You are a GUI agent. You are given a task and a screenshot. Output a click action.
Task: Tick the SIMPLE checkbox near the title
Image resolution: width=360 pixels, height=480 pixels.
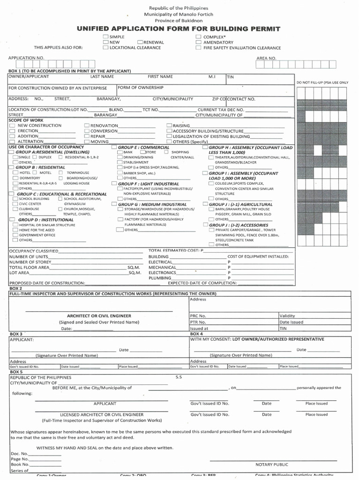pyautogui.click(x=105, y=37)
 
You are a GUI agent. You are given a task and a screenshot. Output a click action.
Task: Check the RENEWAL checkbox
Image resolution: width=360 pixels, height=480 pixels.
pyautogui.click(x=140, y=42)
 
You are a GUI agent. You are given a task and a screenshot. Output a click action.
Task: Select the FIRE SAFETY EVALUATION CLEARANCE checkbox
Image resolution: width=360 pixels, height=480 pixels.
pyautogui.click(x=199, y=48)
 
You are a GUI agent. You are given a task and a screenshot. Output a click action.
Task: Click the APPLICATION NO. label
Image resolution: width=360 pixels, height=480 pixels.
pyautogui.click(x=26, y=58)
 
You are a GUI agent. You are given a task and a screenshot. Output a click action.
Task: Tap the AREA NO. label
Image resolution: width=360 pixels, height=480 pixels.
pyautogui.click(x=266, y=58)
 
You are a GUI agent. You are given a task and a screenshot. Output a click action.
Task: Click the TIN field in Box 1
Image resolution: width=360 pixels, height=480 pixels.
pyautogui.click(x=231, y=76)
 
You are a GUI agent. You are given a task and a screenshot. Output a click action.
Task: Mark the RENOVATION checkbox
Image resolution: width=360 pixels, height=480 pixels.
pyautogui.click(x=87, y=126)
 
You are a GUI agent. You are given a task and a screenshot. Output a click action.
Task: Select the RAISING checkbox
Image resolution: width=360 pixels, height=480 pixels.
pyautogui.click(x=169, y=126)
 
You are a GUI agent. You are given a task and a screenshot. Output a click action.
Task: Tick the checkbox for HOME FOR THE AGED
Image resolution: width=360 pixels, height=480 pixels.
pyautogui.click(x=15, y=230)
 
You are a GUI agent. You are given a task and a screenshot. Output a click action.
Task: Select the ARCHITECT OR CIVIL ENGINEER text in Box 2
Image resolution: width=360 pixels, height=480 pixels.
pyautogui.click(x=99, y=316)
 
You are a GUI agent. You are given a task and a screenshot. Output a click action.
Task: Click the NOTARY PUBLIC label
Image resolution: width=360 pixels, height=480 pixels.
pyautogui.click(x=271, y=464)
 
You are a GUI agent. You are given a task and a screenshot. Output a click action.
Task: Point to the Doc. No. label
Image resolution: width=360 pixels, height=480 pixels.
pyautogui.click(x=19, y=453)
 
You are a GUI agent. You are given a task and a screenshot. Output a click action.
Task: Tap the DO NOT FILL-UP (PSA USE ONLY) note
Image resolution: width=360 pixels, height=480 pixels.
pyautogui.click(x=322, y=82)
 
